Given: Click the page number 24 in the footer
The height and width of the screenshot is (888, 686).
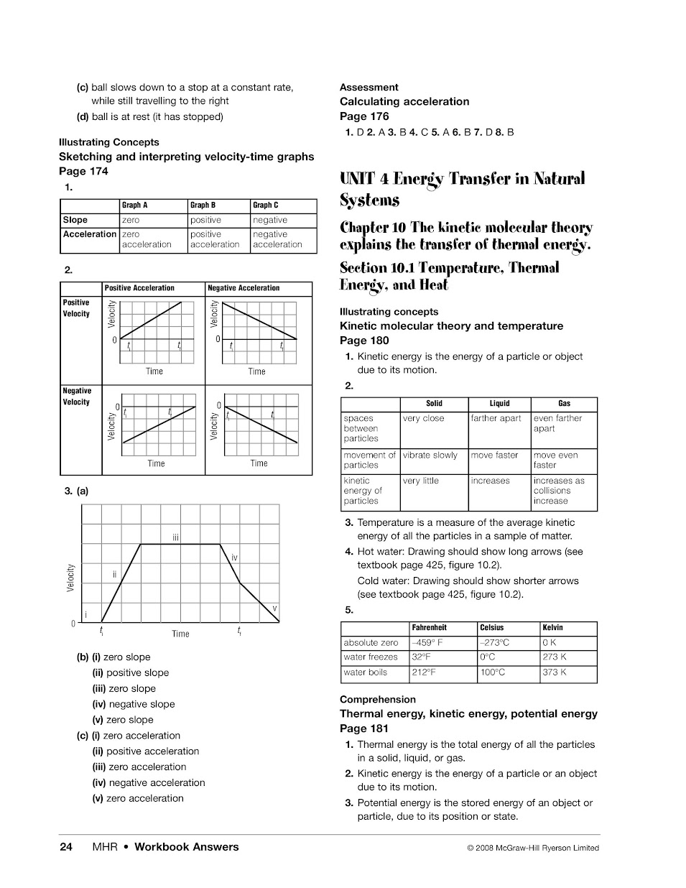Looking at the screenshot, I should click(x=66, y=847).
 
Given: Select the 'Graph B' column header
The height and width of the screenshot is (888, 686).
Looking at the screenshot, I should click(x=203, y=205).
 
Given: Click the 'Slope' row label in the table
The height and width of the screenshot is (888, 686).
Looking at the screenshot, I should click(x=75, y=220).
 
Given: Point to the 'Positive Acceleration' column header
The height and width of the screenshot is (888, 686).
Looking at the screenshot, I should click(x=139, y=288).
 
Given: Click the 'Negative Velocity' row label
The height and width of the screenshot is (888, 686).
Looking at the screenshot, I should click(x=77, y=397).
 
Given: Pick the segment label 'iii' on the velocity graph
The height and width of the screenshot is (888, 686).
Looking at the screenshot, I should click(x=175, y=537).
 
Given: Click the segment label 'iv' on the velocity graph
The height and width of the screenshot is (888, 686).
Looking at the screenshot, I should click(x=234, y=558).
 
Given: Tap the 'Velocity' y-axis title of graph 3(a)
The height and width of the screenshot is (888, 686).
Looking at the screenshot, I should click(x=70, y=578).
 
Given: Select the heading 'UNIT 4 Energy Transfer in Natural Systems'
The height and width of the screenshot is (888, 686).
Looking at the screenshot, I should click(x=462, y=188).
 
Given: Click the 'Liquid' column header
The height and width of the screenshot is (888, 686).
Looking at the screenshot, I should click(x=499, y=404).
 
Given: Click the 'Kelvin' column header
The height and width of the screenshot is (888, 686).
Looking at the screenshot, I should click(x=553, y=628).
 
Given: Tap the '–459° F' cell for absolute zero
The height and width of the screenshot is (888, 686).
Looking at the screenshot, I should click(x=427, y=643).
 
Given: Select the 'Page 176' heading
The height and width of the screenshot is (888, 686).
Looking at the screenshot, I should click(x=364, y=116).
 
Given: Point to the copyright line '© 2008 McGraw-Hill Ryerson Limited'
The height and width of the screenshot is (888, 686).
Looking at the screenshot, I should click(x=532, y=848).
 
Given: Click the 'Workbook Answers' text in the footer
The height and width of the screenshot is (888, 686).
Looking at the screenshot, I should click(x=187, y=847).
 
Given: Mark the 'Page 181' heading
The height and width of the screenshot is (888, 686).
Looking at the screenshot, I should click(x=364, y=729).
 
